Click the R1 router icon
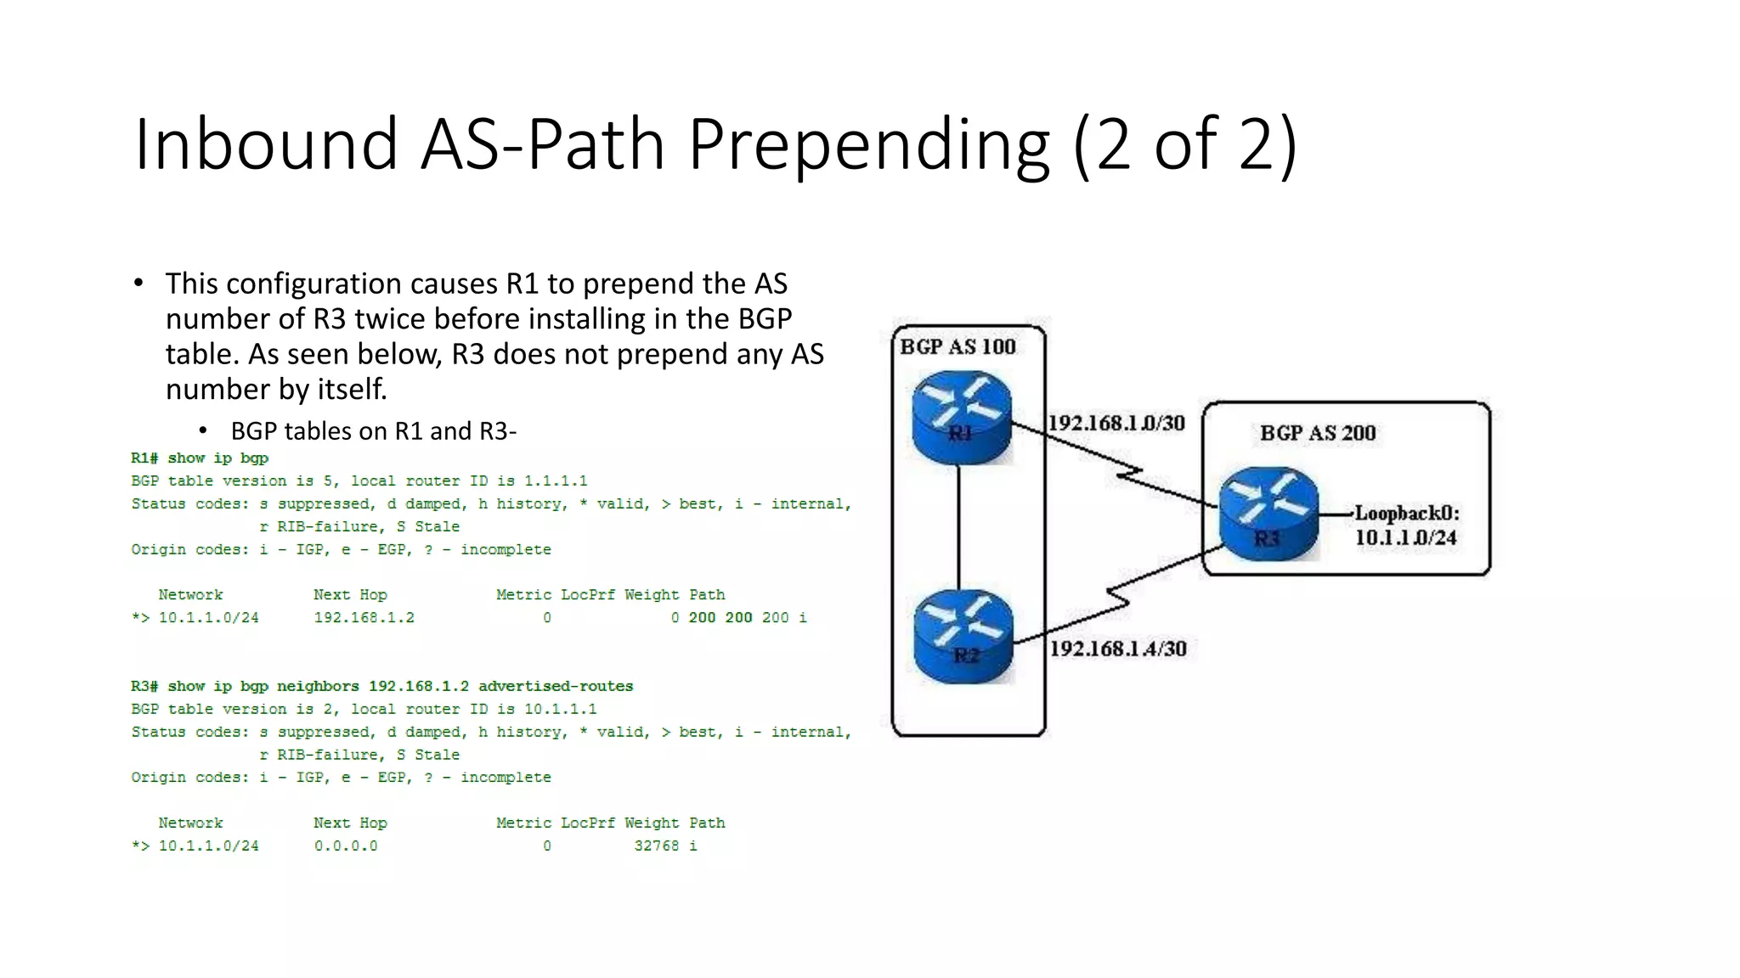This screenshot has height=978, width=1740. [x=962, y=418]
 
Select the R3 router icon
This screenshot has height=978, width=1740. [x=1268, y=514]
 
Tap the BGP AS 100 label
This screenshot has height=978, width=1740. [x=958, y=346]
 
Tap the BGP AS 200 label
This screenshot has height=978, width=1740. [x=1318, y=433]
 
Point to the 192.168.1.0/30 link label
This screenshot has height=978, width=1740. [x=1116, y=423]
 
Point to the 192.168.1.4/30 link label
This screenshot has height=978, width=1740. [x=1118, y=649]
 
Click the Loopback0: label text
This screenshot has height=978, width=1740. [x=1406, y=513]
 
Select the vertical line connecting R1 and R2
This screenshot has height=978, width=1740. [x=959, y=526]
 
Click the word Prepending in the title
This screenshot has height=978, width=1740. [x=868, y=144]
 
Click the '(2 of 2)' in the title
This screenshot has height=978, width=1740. [x=1185, y=144]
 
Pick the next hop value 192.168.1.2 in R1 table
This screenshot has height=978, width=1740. [x=364, y=618]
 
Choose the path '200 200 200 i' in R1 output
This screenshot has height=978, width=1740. [x=747, y=618]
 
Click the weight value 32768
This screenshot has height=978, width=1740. [x=656, y=846]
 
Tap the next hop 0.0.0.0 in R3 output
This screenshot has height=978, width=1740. [x=346, y=846]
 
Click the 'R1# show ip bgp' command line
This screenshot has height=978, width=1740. [x=200, y=458]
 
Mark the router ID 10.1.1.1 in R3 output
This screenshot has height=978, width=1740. [x=560, y=709]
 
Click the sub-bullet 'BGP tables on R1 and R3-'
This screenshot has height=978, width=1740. [x=373, y=431]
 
